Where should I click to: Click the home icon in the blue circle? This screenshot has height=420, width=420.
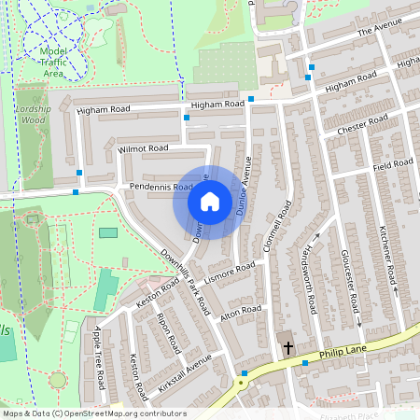click(x=209, y=202)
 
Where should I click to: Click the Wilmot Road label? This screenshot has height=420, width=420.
click(x=143, y=148)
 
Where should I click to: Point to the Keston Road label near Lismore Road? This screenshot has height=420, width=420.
click(x=158, y=292)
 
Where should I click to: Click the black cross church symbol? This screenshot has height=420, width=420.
click(x=287, y=348)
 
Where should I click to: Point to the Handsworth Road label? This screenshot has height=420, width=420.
click(x=312, y=277)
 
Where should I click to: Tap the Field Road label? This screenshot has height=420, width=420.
click(x=392, y=164)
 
